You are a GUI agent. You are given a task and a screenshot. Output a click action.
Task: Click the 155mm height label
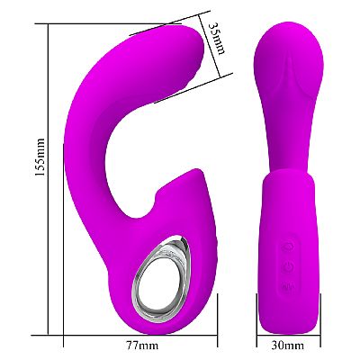coord(40,157)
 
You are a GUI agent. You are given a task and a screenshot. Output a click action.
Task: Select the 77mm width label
coord(142,346)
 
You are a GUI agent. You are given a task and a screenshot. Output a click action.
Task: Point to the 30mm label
coord(288,346)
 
